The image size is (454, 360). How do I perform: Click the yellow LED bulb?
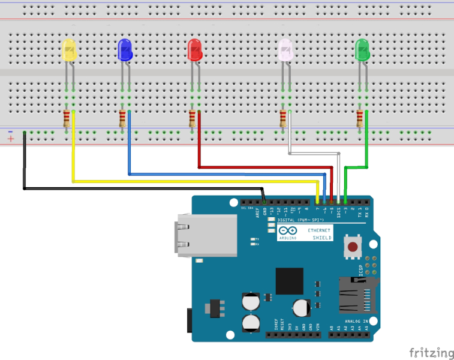pyautogui.click(x=70, y=50)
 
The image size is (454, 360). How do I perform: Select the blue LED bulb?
pyautogui.click(x=124, y=50)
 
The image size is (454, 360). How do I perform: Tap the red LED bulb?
pyautogui.click(x=194, y=50)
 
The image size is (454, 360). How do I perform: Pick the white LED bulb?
pyautogui.click(x=285, y=50)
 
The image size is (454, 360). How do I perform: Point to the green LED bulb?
pyautogui.click(x=362, y=50)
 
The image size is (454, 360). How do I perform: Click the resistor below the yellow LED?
pyautogui.click(x=67, y=119)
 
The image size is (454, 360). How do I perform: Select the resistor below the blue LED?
pyautogui.click(x=122, y=119)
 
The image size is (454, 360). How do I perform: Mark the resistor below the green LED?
pyautogui.click(x=360, y=119)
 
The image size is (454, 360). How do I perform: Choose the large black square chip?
pyautogui.click(x=290, y=281)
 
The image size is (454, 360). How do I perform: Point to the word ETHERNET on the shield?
pyautogui.click(x=318, y=230)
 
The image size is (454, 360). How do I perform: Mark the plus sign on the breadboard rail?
pyautogui.click(x=10, y=139)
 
